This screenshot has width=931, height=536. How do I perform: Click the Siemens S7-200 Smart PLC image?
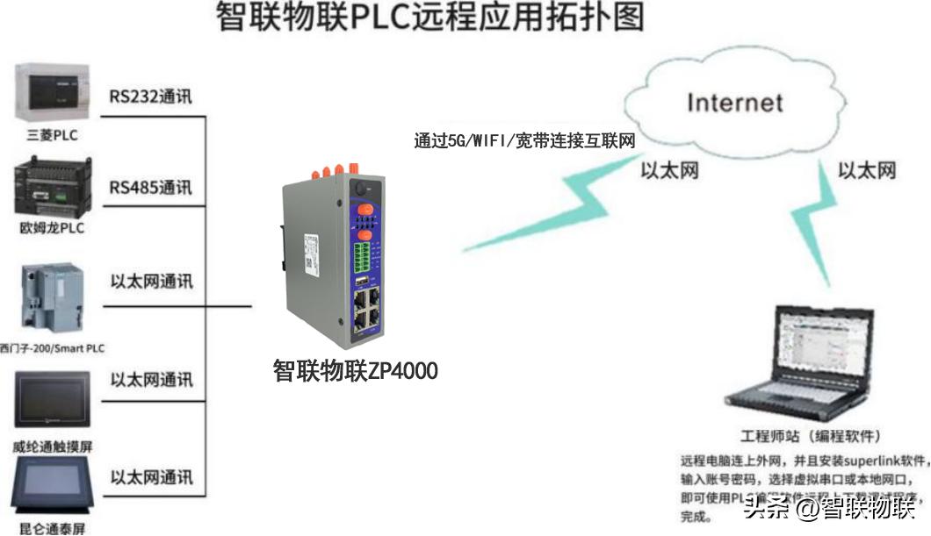point(53,299)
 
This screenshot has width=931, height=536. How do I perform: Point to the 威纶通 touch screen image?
point(54,401)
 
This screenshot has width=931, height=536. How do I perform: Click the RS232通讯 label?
point(150,96)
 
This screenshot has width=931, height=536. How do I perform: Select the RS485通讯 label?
point(150,188)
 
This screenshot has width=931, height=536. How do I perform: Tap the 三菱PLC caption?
point(52,135)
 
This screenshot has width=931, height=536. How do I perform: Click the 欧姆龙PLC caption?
point(52,228)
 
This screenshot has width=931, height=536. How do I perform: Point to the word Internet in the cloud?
point(734,102)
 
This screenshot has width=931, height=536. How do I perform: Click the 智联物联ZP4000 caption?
point(356,371)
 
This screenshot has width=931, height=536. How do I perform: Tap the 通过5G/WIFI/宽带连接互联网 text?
point(524,140)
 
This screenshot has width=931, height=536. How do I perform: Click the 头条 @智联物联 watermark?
point(829,507)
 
